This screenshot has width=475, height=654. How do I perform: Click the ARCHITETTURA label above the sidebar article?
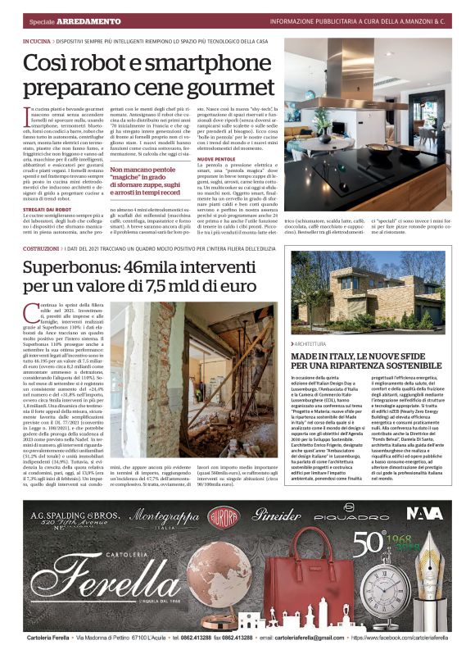[317, 344]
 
